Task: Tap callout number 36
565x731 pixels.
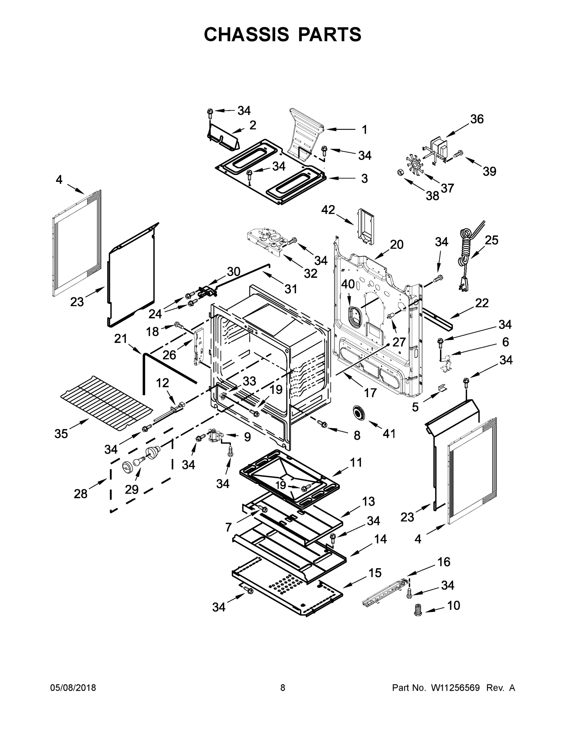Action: pos(477,119)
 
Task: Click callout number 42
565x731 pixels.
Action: pos(328,210)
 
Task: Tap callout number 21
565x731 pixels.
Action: pos(121,339)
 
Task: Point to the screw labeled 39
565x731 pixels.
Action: pos(458,154)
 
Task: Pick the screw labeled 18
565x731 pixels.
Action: pos(178,324)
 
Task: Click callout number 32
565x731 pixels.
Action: pos(310,274)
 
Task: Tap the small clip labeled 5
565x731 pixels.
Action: pos(442,387)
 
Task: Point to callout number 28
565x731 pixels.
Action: pos(80,494)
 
